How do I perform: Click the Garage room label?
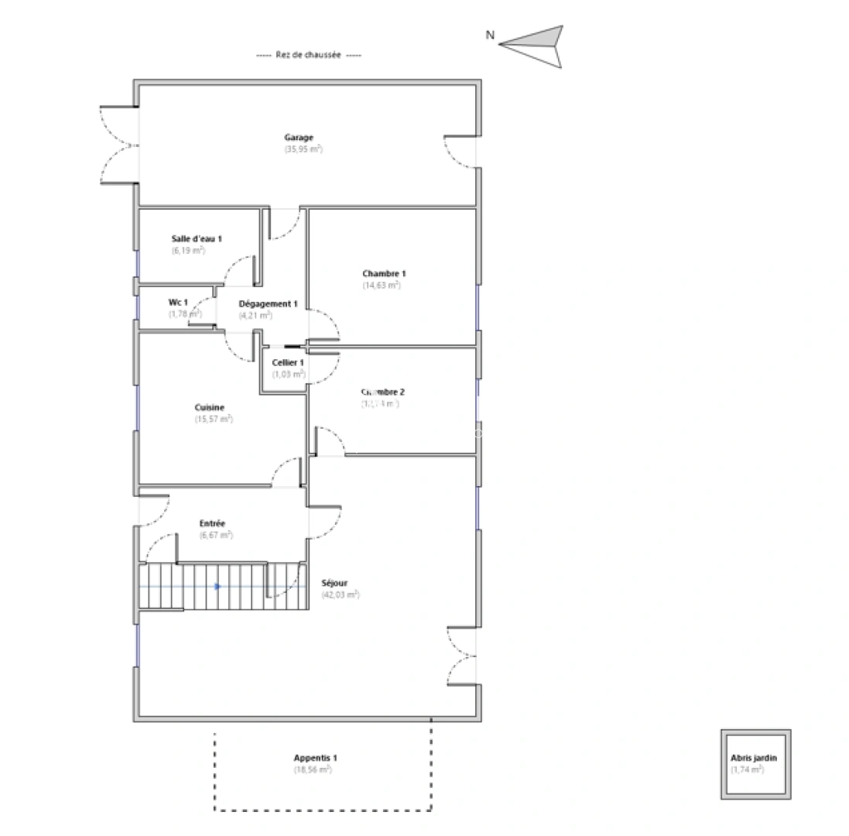[299, 138]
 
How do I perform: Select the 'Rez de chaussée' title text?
[308, 56]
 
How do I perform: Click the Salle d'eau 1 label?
[197, 239]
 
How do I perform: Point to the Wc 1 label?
[178, 302]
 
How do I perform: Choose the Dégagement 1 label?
[268, 304]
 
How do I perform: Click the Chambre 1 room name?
[384, 273]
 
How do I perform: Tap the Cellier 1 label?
[288, 362]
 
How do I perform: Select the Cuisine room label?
[210, 407]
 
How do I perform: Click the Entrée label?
[212, 523]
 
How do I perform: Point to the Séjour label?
[334, 583]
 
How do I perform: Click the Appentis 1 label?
[315, 758]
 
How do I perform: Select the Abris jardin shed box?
[755, 764]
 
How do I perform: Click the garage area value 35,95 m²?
[303, 149]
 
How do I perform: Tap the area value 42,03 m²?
[341, 595]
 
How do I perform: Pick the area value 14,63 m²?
[382, 286]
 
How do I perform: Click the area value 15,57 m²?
[214, 420]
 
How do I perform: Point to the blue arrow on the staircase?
[217, 587]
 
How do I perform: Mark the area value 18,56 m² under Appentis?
[313, 770]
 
